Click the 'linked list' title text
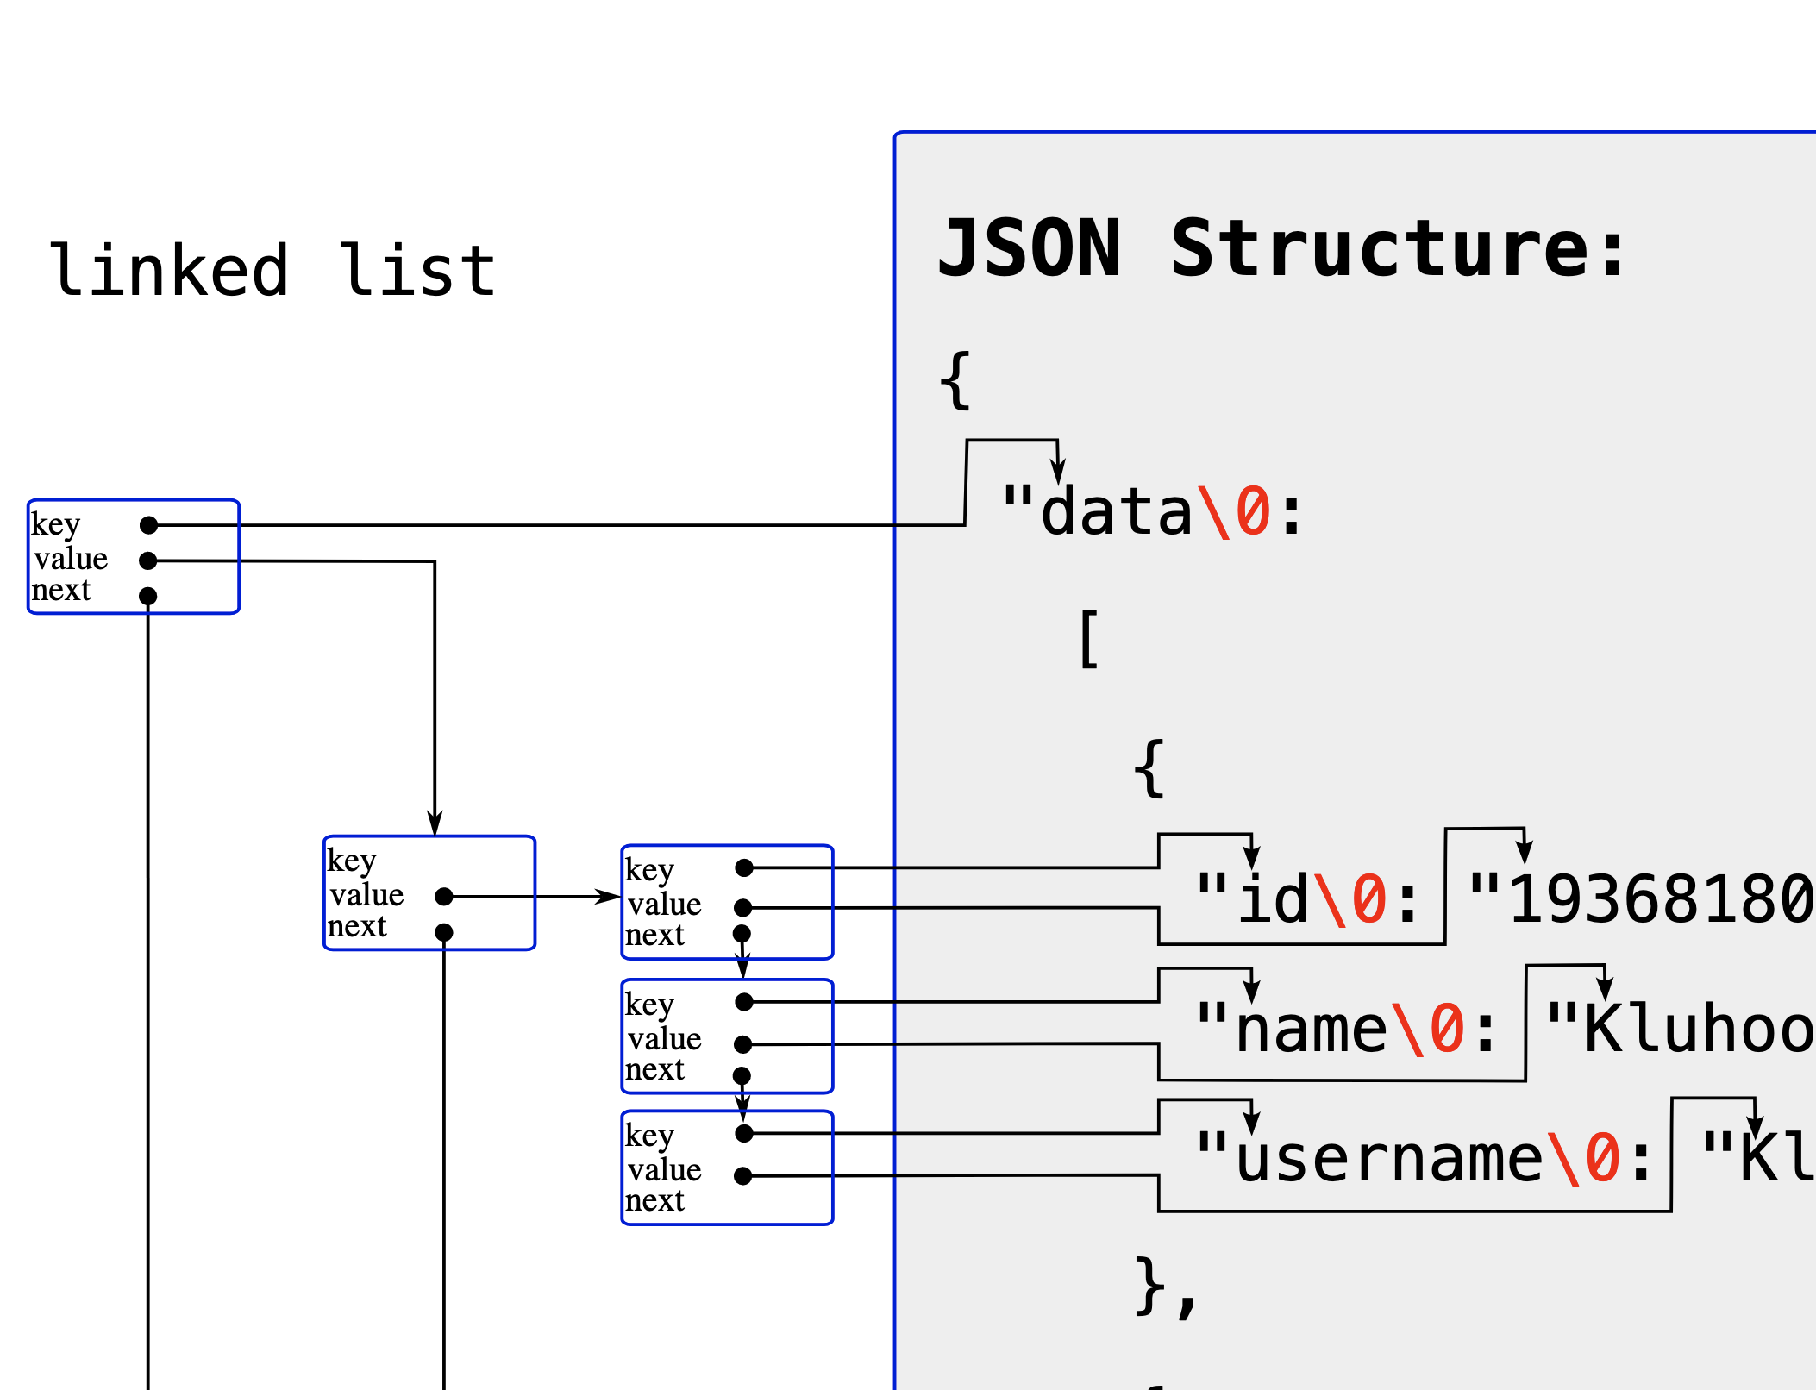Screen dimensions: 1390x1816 (x=272, y=271)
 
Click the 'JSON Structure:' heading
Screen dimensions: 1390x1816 (x=1281, y=250)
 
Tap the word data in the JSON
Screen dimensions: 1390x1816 (x=1117, y=512)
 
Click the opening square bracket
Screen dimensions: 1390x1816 (x=1089, y=639)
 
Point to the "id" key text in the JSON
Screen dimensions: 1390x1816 (x=1273, y=899)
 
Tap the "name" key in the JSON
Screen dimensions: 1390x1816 (x=1311, y=1030)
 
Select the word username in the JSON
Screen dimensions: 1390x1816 (x=1388, y=1159)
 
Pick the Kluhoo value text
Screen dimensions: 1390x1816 (x=1699, y=1030)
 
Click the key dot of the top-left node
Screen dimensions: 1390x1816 (x=148, y=525)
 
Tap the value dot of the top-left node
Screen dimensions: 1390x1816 (x=148, y=561)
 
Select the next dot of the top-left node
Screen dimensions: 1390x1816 (x=148, y=596)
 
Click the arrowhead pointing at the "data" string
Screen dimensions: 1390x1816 (x=1058, y=473)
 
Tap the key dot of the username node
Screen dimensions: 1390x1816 (x=744, y=1133)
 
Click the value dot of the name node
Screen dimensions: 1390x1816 (x=743, y=1044)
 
